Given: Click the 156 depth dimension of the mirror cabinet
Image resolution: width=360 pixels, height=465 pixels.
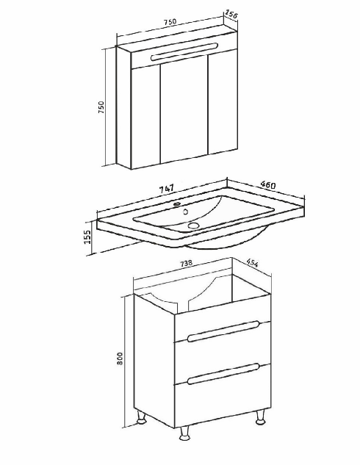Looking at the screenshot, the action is pos(231,14).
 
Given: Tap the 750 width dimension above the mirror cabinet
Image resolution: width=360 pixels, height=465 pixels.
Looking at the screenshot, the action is pos(170,22).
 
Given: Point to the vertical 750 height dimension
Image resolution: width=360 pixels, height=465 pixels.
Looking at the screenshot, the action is pos(101,107).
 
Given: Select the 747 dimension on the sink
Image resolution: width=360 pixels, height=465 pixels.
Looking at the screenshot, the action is pos(166,189).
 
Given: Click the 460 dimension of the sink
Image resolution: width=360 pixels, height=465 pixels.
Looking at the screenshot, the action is pos(267,185).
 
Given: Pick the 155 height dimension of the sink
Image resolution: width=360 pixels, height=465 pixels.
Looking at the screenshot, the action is pos(87,237).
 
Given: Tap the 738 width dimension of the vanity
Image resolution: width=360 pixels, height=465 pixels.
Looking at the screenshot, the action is pos(186,263).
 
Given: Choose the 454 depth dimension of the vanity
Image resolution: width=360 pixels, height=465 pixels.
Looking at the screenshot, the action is pos(252,263).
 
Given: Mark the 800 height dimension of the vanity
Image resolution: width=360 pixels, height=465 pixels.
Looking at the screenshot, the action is pos(120,358).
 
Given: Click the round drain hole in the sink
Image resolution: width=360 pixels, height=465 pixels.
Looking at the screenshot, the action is pos(193,226).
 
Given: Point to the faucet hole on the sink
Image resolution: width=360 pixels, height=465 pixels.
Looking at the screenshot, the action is pos(177,203).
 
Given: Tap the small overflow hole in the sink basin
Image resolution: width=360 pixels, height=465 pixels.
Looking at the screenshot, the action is pos(186,212).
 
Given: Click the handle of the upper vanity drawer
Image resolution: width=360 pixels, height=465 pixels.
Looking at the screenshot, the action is pos(223,331).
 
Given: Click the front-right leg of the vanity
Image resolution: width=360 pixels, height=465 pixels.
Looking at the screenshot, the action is pos(260,417).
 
